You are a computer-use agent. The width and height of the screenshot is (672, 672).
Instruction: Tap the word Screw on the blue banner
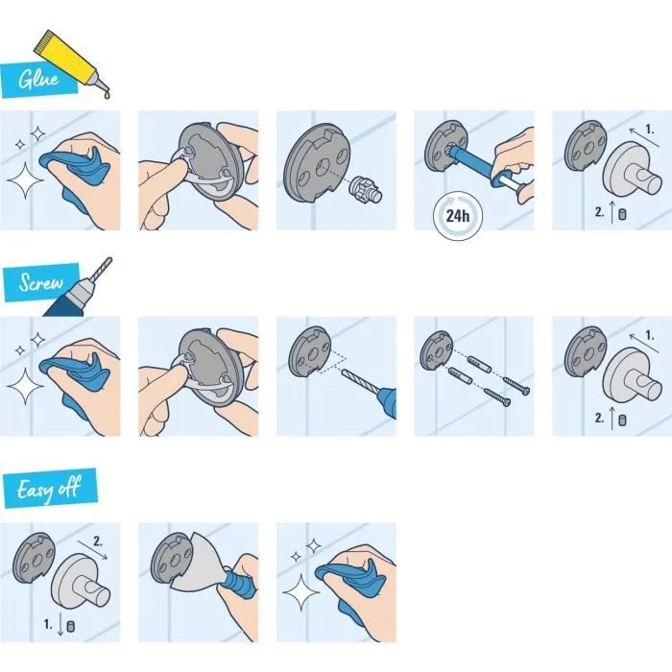pos(39,283)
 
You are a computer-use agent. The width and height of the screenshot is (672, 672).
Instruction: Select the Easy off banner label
pos(47,490)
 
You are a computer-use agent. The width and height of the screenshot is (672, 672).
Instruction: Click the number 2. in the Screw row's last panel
pos(599,419)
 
